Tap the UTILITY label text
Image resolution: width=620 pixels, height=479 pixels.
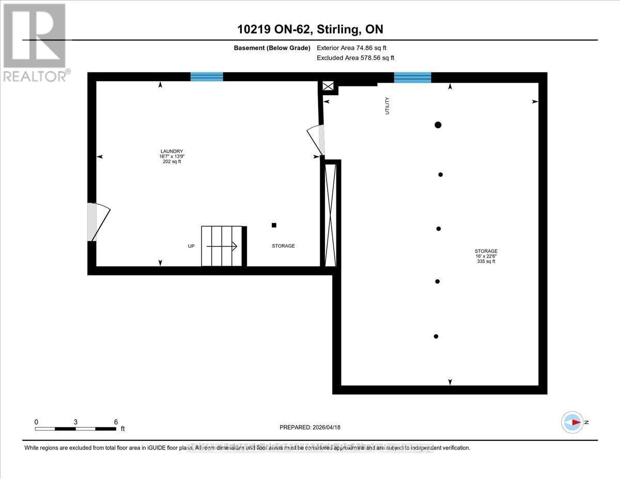pos(388,105)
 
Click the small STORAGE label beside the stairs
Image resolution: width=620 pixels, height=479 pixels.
pos(283,246)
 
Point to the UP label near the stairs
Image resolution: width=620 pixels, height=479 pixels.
pos(191,246)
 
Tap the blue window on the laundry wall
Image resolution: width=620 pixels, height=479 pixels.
pos(207,77)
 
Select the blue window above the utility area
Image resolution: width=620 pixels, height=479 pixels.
pos(412,78)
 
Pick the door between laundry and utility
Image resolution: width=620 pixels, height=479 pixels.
pos(316,140)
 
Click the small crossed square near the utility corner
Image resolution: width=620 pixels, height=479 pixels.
pos(328,86)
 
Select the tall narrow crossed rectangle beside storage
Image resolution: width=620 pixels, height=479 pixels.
pos(330,213)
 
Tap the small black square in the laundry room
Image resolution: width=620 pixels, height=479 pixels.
pos(274,225)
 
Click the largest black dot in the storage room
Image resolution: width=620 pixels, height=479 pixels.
pos(438,125)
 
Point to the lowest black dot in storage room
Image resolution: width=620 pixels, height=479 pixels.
pos(436,336)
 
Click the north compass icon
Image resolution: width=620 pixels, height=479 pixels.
pos(572,422)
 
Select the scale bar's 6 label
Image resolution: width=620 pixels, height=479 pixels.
pos(116,422)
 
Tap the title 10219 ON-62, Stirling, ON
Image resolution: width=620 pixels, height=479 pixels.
pos(310,29)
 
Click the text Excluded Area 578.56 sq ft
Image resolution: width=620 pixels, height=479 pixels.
pos(355,58)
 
